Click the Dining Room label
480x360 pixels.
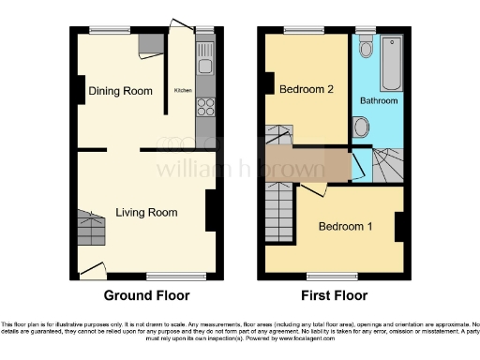(x=120, y=91)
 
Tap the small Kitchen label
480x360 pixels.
(x=183, y=91)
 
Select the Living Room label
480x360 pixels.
(x=146, y=213)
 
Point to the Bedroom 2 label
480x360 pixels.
(x=307, y=89)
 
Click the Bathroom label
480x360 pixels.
(x=381, y=100)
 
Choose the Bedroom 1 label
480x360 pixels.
(x=344, y=227)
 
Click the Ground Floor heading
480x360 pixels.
(x=146, y=295)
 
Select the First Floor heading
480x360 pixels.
(x=333, y=295)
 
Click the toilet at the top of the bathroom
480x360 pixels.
(x=367, y=47)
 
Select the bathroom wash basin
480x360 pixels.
(x=362, y=127)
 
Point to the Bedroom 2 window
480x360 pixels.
(x=305, y=30)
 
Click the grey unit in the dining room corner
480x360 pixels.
(x=149, y=45)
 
